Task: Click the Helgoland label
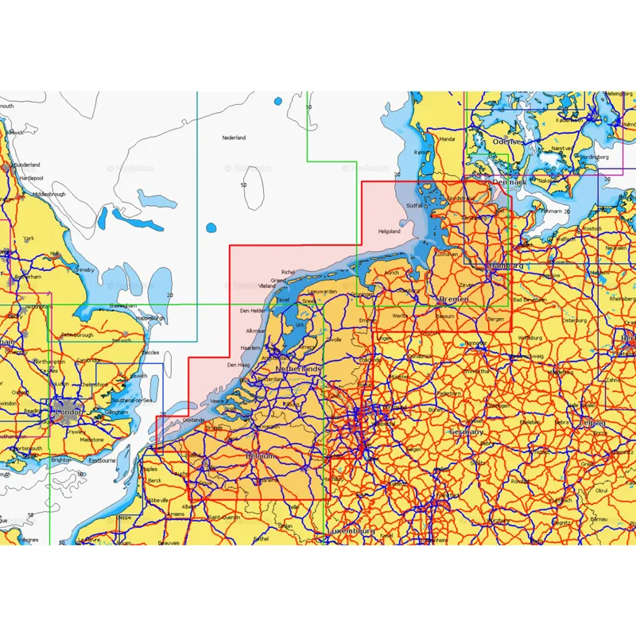[389, 231]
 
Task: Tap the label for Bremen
[454, 299]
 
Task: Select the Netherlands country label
[298, 370]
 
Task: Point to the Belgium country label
[262, 456]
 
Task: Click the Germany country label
[466, 432]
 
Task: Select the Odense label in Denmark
[507, 141]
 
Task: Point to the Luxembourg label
[351, 529]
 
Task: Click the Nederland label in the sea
[234, 138]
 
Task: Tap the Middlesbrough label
[49, 194]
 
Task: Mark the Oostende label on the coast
[193, 420]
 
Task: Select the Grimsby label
[83, 270]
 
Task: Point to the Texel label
[282, 300]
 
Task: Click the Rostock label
[592, 229]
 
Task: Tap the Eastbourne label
[104, 460]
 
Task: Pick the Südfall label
[414, 205]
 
